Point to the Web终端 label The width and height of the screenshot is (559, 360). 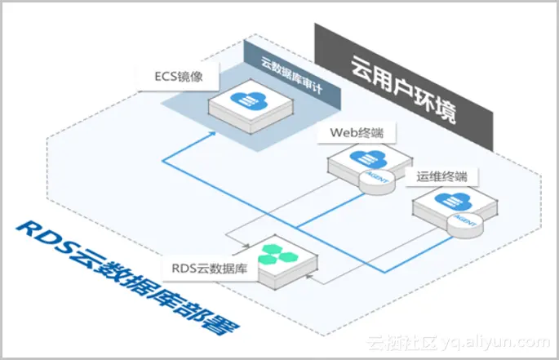357,131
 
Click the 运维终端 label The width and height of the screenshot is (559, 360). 446,176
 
